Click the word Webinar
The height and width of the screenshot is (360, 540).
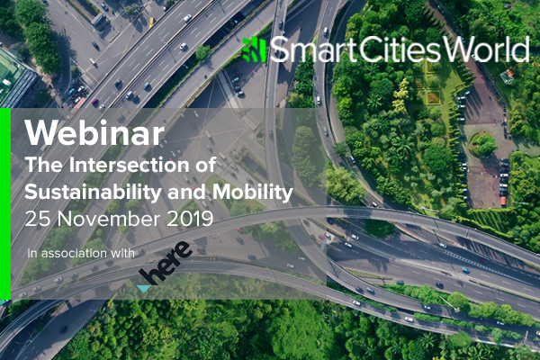pos(94,132)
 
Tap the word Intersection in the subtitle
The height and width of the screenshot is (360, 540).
pos(129,165)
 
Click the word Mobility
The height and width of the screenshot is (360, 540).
pos(253,193)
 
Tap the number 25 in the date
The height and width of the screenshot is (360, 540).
pos(38,219)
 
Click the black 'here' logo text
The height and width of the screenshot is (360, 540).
pos(166,263)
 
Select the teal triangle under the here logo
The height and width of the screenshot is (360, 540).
pos(144,289)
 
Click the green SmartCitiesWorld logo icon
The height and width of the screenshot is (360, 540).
pos(255,49)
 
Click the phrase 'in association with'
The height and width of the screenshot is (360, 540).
pos(81,253)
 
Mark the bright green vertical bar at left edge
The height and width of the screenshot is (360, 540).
pos(5,204)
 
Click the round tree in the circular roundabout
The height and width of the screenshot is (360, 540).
pos(485,144)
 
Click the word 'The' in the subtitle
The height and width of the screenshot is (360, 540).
pos(44,165)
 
